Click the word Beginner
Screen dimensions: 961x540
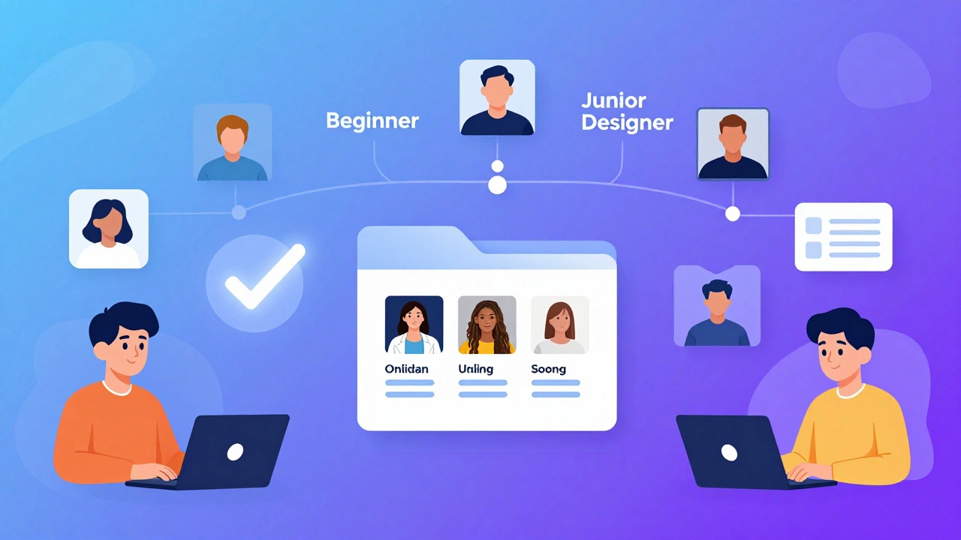372,121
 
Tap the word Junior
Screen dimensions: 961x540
613,101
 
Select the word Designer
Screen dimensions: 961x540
627,124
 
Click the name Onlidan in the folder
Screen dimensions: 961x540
406,369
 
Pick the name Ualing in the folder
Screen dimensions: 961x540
476,370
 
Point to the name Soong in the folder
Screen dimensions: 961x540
548,369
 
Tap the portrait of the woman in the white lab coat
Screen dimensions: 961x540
414,325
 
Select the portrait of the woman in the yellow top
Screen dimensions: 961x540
487,325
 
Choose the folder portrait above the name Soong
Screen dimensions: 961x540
560,325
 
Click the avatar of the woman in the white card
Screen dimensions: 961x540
109,229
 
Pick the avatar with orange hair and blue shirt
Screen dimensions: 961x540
233,142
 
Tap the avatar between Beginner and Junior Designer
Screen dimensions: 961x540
497,97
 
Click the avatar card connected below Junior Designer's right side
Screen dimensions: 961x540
733,143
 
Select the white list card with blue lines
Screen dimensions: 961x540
843,236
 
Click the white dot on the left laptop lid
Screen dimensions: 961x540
235,452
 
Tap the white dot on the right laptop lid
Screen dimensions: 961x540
729,452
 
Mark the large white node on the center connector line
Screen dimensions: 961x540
497,184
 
